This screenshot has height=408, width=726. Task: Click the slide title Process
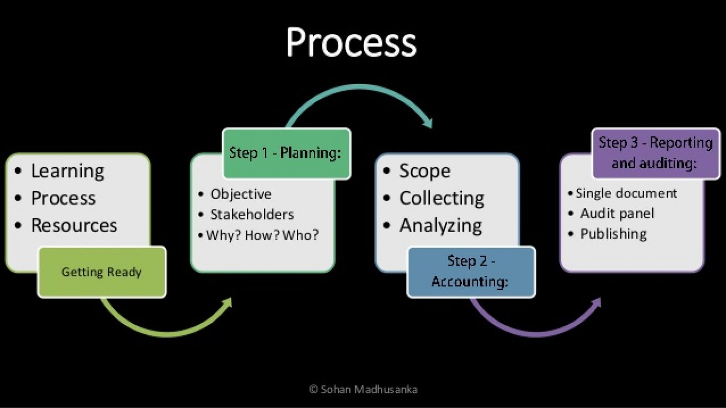point(351,43)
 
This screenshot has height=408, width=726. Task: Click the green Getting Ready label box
point(102,272)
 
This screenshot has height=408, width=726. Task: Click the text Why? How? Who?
point(262,235)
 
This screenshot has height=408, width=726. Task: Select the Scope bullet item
point(425,171)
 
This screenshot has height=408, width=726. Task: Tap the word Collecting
point(442,198)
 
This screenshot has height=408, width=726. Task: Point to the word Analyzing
point(441,225)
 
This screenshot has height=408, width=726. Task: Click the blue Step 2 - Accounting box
point(471,272)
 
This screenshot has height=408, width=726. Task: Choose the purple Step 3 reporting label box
point(656,153)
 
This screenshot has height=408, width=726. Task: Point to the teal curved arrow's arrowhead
point(428,123)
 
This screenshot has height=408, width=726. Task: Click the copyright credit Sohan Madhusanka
point(364,389)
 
